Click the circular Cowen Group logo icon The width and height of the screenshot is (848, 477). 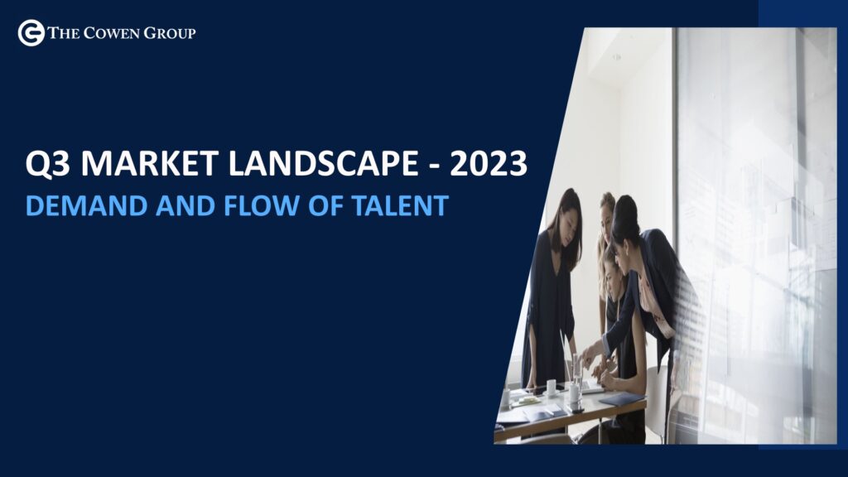31,33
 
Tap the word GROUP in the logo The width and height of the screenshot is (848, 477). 169,33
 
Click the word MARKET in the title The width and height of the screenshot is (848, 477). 149,163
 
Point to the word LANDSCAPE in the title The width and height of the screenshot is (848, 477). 323,163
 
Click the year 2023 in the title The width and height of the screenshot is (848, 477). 489,163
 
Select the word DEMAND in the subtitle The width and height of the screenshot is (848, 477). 86,206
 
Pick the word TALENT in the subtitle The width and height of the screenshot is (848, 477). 400,206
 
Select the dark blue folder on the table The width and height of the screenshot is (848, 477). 622,399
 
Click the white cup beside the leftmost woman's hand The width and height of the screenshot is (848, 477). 551,387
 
